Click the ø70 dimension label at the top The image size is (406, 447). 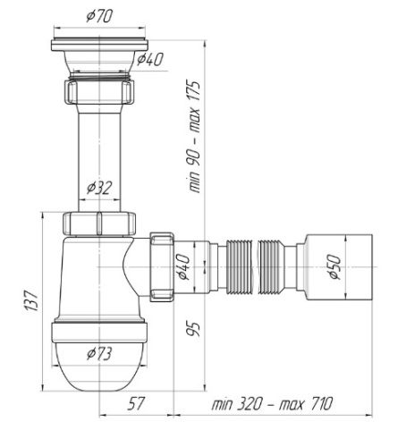[x=99, y=16]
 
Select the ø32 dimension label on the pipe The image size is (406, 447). [x=99, y=188]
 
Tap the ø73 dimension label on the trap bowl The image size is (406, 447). [x=99, y=354]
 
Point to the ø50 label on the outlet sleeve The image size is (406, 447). [x=335, y=267]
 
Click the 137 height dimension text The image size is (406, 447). [x=31, y=300]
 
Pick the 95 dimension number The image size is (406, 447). [x=193, y=329]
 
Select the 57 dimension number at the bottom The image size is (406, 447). [x=136, y=404]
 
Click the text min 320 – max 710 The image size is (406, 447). [x=272, y=404]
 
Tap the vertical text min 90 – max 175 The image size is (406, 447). [x=194, y=136]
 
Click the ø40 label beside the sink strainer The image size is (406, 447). [x=150, y=59]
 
